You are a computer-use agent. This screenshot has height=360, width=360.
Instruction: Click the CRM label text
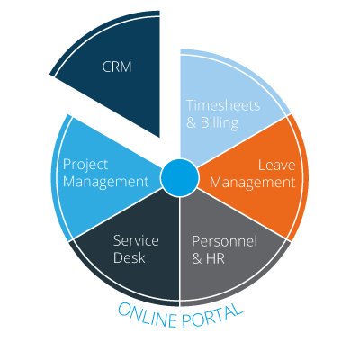[117, 67]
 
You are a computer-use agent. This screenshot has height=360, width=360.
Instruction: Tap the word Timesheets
[223, 105]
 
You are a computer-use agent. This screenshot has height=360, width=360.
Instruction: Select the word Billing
[220, 122]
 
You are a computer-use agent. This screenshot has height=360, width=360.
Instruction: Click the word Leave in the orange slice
[277, 165]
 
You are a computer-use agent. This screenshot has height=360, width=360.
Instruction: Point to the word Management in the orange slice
[253, 183]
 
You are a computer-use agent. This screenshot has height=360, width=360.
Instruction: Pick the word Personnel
[224, 241]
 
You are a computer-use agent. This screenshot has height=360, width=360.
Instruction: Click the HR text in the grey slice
[215, 258]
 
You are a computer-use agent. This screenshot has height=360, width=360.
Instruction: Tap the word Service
[136, 240]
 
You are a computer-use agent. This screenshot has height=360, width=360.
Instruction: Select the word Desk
[130, 257]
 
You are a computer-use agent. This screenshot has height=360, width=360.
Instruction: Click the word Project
[85, 166]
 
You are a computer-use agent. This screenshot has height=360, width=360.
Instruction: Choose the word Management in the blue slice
[106, 182]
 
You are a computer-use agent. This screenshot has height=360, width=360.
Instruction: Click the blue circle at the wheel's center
[180, 178]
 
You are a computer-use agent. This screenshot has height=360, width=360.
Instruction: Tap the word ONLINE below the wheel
[148, 315]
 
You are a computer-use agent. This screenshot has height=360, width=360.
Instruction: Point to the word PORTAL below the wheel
[212, 316]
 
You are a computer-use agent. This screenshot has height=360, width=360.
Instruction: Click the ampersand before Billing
[191, 122]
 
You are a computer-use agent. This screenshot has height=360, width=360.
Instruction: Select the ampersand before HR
[197, 258]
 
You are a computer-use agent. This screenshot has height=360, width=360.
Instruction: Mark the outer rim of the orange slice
[306, 177]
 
